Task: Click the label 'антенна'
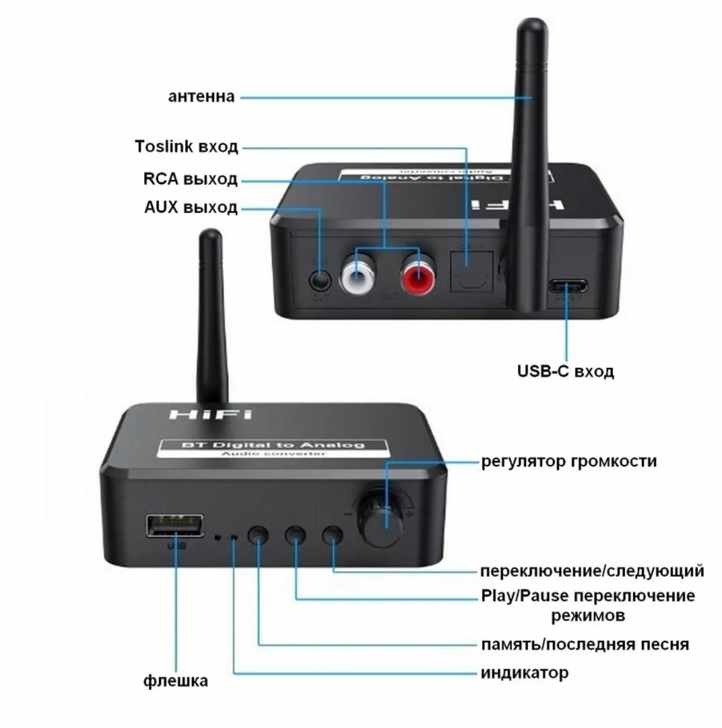(201, 97)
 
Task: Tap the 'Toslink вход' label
(186, 147)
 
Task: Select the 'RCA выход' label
(190, 179)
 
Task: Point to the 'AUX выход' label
(191, 208)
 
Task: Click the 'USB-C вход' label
(566, 371)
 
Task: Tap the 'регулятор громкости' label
(568, 462)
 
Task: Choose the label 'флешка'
(175, 681)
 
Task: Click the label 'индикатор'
(525, 672)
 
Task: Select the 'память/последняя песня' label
(585, 644)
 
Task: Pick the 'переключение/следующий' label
(592, 571)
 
